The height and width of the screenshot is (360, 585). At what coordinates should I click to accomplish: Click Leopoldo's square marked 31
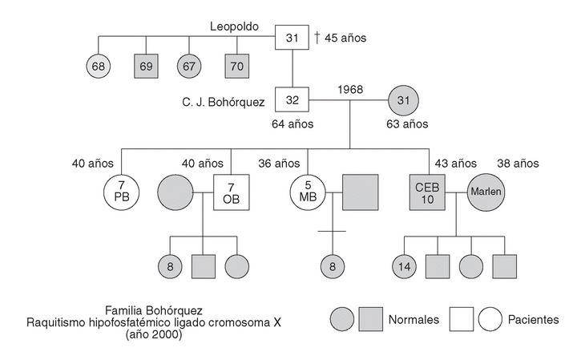(292, 38)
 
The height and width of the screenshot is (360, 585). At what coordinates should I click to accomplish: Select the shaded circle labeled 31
(403, 102)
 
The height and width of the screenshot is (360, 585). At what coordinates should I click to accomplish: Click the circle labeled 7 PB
(121, 193)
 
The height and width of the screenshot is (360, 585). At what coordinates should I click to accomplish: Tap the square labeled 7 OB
(231, 193)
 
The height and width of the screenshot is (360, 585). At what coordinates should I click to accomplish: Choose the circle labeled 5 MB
(308, 193)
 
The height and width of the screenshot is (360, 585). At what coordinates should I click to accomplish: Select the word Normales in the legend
(414, 319)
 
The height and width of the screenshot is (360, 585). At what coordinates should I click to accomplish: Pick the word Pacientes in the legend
(534, 319)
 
